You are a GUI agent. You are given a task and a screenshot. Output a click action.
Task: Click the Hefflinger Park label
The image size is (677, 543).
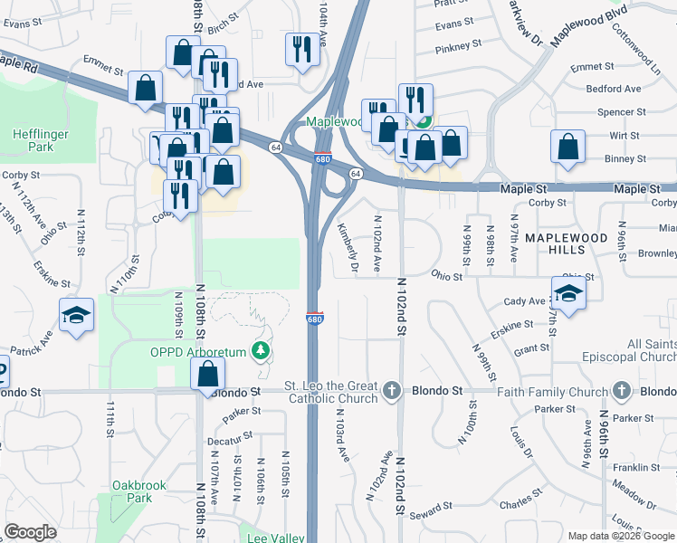[x=34, y=139]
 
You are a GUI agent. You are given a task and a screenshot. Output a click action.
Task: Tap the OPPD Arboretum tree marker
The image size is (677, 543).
[x=262, y=350]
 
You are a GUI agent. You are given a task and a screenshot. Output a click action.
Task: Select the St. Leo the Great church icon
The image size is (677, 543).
[x=391, y=391]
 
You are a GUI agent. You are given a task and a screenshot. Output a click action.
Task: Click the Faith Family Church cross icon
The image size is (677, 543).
[x=621, y=391]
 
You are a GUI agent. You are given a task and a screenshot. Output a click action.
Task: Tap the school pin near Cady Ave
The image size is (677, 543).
[x=568, y=293]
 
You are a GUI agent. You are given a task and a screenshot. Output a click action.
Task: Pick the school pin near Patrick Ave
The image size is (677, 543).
[x=76, y=315]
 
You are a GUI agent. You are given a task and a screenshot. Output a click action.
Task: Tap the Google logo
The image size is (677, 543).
[x=30, y=532]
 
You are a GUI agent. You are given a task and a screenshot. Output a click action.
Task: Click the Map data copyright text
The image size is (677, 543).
[x=620, y=536]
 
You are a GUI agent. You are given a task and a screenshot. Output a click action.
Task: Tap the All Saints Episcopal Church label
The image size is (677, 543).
[x=652, y=351]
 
